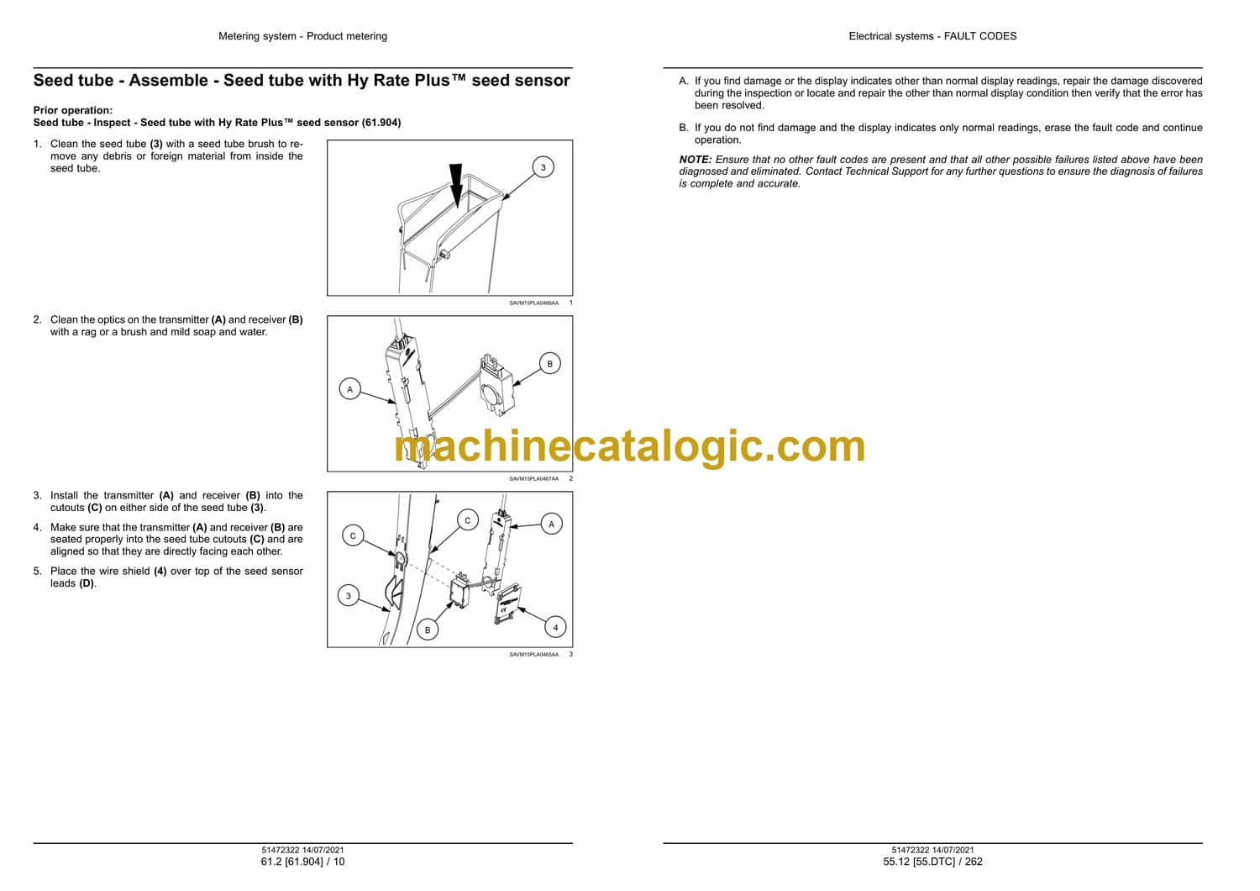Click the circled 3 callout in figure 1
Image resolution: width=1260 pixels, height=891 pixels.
click(x=543, y=167)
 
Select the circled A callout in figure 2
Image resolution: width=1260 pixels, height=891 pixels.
click(x=350, y=389)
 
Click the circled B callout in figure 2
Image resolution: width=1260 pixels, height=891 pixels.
click(x=549, y=364)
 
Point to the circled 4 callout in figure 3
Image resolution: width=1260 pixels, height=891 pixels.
click(x=555, y=627)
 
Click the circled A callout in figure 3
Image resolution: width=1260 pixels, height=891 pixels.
click(x=551, y=524)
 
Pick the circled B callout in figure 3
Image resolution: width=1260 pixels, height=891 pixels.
click(x=428, y=630)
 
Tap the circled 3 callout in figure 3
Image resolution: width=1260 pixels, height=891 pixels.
click(x=349, y=595)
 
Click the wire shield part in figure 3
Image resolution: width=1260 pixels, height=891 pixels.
click(x=508, y=604)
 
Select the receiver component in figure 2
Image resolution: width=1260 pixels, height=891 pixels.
click(x=497, y=384)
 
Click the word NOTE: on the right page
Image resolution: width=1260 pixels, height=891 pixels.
click(x=696, y=160)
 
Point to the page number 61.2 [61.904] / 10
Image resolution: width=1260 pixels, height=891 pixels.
click(x=302, y=862)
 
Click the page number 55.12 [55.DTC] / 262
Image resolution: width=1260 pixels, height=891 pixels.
click(x=932, y=862)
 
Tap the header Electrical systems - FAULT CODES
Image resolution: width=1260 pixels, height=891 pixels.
click(x=932, y=36)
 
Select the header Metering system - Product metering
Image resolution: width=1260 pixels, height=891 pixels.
click(x=302, y=36)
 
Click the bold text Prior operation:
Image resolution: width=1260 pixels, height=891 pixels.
click(x=72, y=110)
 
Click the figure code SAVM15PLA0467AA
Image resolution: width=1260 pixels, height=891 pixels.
click(x=533, y=478)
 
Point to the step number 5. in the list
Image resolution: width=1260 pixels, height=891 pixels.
click(x=37, y=571)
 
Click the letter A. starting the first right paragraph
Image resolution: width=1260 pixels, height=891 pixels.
click(x=684, y=81)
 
